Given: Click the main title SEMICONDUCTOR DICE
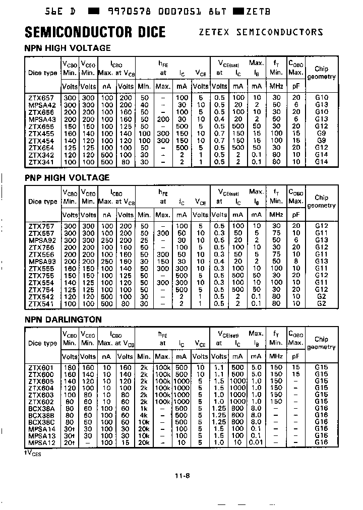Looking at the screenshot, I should pyautogui.click(x=95, y=32).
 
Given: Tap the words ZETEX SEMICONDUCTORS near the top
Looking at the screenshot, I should pyautogui.click(x=261, y=32).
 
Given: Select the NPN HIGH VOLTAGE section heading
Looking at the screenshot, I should pyautogui.click(x=68, y=48).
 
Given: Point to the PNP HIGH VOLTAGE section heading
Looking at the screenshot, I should pyautogui.click(x=67, y=177).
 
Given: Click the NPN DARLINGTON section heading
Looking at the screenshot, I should pyautogui.click(x=63, y=320).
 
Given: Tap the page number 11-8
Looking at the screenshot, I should pyautogui.click(x=181, y=475).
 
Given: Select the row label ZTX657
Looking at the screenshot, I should pyautogui.click(x=41, y=97).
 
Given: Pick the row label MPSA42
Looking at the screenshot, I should pyautogui.click(x=41, y=104).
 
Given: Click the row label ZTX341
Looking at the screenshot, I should pyautogui.click(x=41, y=162).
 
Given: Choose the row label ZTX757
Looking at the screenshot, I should pyautogui.click(x=41, y=226).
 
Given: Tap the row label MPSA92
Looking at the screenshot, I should pyautogui.click(x=41, y=240).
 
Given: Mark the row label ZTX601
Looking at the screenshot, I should pyautogui.click(x=41, y=368).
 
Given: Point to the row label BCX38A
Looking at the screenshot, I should pyautogui.click(x=41, y=408).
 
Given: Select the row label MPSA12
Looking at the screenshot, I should pyautogui.click(x=41, y=442).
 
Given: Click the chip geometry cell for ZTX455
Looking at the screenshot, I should pyautogui.click(x=321, y=134).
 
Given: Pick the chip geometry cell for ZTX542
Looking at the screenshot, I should pyautogui.click(x=321, y=297).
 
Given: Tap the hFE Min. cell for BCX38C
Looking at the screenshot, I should pyautogui.click(x=144, y=422).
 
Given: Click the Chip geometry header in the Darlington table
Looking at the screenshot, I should pyautogui.click(x=321, y=343).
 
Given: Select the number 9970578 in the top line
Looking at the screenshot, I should pyautogui.click(x=127, y=10).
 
